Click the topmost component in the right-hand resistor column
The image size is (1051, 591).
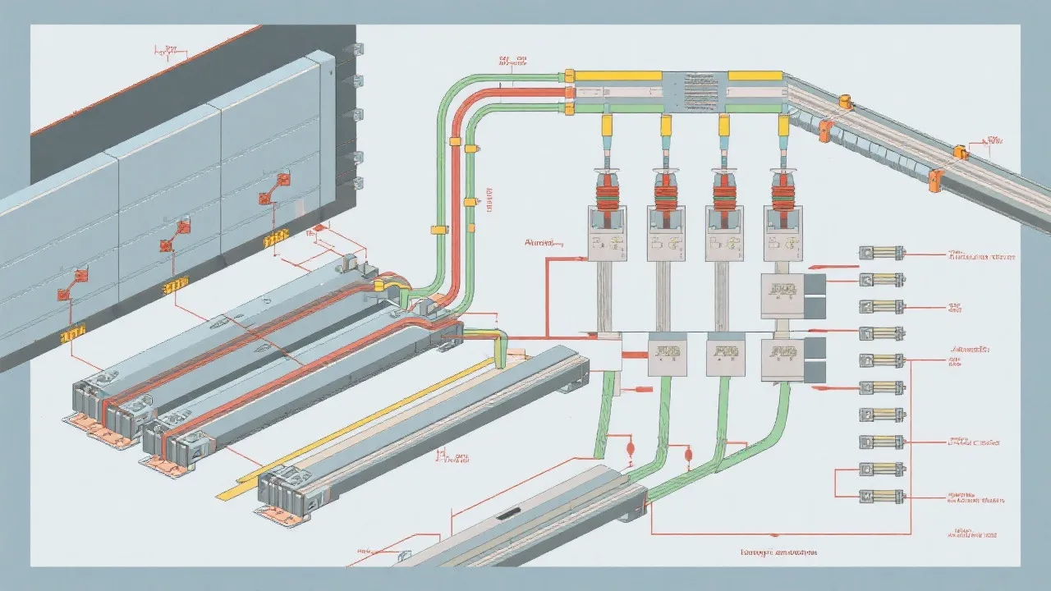point(881,254)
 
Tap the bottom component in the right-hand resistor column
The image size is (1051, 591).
point(881,496)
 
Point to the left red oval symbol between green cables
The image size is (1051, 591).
point(631,449)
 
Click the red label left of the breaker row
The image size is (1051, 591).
point(539,243)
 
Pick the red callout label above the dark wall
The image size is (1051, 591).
point(168,51)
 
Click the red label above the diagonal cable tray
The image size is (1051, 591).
point(994,140)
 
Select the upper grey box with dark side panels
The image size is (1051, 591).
point(784,295)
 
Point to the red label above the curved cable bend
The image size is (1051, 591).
point(512,60)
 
